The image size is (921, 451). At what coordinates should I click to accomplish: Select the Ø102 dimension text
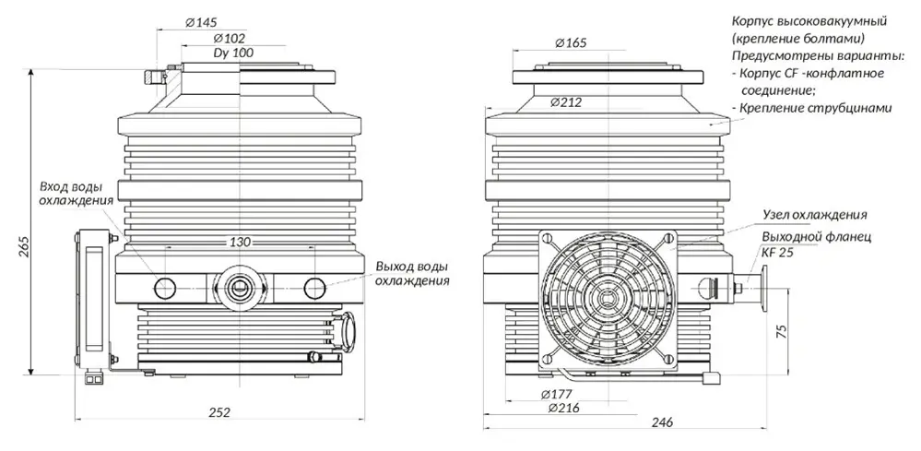click(228, 39)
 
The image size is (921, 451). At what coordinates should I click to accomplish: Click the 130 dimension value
click(240, 242)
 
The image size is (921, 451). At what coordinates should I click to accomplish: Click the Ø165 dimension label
click(572, 42)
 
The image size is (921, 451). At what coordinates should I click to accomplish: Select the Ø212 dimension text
click(566, 102)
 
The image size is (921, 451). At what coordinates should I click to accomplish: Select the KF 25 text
click(776, 251)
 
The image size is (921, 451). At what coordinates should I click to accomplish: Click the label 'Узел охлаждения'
click(815, 214)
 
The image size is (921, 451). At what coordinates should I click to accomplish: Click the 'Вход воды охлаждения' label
click(77, 193)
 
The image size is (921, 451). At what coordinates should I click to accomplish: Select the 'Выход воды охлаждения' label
click(412, 274)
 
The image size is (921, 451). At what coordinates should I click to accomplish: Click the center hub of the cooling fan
click(605, 296)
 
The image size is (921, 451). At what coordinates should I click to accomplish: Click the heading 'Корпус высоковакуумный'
click(809, 21)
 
